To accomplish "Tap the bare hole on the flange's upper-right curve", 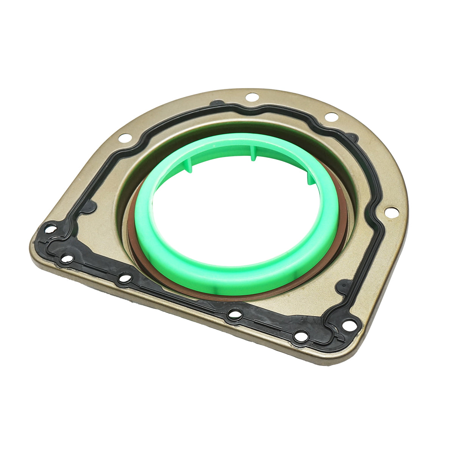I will (331, 117).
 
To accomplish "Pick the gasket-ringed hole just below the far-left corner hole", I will (67, 259).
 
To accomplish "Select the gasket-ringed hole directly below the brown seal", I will (235, 314).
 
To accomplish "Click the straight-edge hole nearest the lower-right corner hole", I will (302, 336).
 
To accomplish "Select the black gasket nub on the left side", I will (90, 207).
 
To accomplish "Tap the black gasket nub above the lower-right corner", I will (344, 286).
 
